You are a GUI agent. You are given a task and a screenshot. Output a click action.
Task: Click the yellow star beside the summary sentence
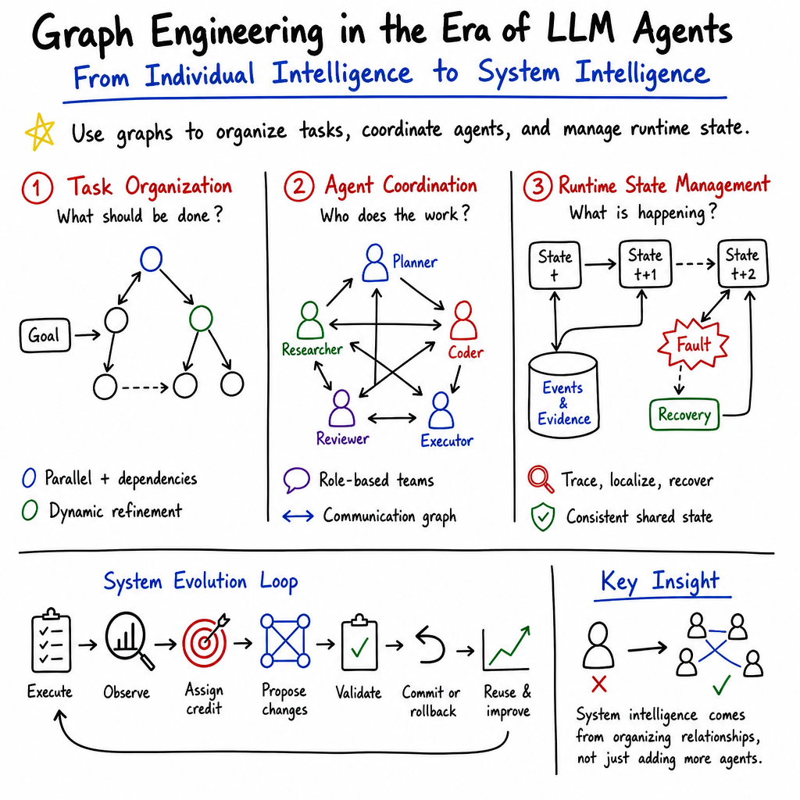point(40,131)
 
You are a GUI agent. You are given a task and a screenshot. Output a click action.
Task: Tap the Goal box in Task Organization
point(45,335)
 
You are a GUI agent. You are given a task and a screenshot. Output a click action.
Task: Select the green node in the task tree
point(201,319)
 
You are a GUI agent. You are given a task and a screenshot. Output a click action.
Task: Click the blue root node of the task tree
point(151,259)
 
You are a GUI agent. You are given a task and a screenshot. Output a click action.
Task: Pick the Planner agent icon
point(375,262)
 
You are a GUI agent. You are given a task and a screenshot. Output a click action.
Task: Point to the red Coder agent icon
point(463,320)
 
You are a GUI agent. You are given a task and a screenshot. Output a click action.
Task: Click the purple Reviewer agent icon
point(341,408)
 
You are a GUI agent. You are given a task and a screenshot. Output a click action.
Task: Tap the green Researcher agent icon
point(309,320)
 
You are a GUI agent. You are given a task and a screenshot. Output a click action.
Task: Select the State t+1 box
point(645,264)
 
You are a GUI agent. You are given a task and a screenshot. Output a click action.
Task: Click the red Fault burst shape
point(693,345)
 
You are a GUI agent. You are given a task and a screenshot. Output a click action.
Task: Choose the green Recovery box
point(684,415)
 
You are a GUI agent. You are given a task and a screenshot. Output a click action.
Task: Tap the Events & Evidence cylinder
point(563,395)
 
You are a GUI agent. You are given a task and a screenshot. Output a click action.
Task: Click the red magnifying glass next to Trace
point(541,479)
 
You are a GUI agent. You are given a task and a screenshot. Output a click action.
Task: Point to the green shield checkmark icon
point(543,517)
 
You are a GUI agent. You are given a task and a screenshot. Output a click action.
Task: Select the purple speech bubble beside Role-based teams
point(296,480)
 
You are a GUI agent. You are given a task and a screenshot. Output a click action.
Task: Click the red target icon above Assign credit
point(205,641)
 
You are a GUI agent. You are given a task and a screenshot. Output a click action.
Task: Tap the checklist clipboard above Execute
point(51,641)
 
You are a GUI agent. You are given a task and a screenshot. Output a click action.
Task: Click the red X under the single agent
point(599,684)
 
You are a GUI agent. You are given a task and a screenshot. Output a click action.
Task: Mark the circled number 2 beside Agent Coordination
point(299,186)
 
